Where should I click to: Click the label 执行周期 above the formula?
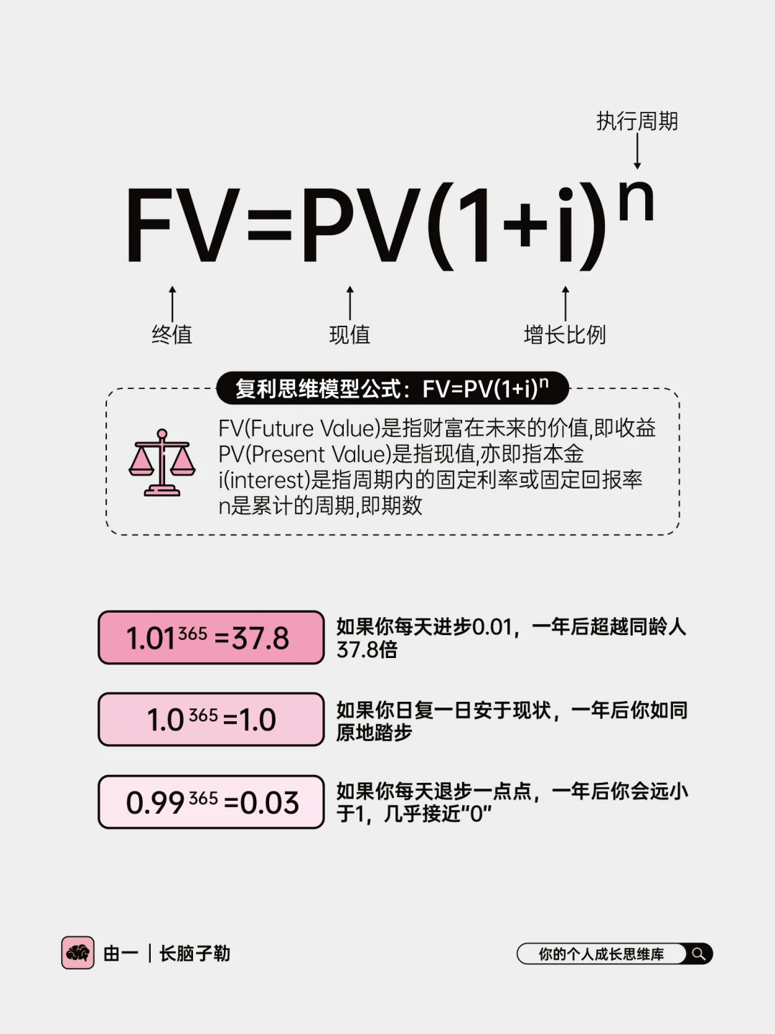(x=637, y=121)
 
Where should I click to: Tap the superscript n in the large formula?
(x=636, y=202)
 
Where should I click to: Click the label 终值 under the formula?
(x=172, y=334)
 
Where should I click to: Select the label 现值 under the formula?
(x=349, y=334)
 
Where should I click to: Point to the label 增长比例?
(x=565, y=334)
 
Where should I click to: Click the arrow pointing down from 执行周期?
(x=637, y=152)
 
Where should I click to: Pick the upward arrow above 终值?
(x=172, y=303)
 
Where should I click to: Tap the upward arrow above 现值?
(x=350, y=303)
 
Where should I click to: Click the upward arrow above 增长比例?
(x=565, y=303)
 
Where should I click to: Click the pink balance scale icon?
(x=162, y=463)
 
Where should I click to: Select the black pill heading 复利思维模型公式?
(x=392, y=389)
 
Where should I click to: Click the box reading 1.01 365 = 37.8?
(x=211, y=637)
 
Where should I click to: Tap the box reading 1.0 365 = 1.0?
(x=211, y=719)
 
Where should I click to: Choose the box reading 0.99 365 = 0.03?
(x=211, y=802)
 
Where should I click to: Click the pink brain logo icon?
(x=77, y=953)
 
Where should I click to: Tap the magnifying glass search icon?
(x=698, y=954)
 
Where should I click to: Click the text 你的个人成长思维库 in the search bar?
(x=601, y=954)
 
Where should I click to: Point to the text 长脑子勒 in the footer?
(x=194, y=953)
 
